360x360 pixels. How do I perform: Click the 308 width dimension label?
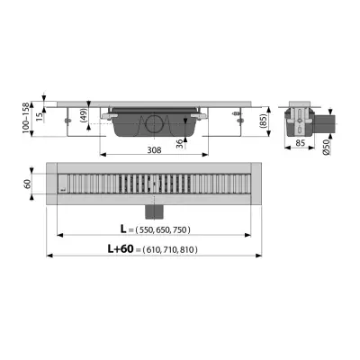154,149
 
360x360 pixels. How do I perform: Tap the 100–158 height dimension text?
26,118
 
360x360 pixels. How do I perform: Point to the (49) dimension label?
84,115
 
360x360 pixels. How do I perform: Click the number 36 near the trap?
179,144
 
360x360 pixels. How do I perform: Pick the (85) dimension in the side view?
262,121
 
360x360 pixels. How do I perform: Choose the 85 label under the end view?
300,143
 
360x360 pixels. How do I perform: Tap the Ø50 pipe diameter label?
327,147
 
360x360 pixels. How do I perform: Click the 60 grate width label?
27,184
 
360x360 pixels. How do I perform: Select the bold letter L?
123,229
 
